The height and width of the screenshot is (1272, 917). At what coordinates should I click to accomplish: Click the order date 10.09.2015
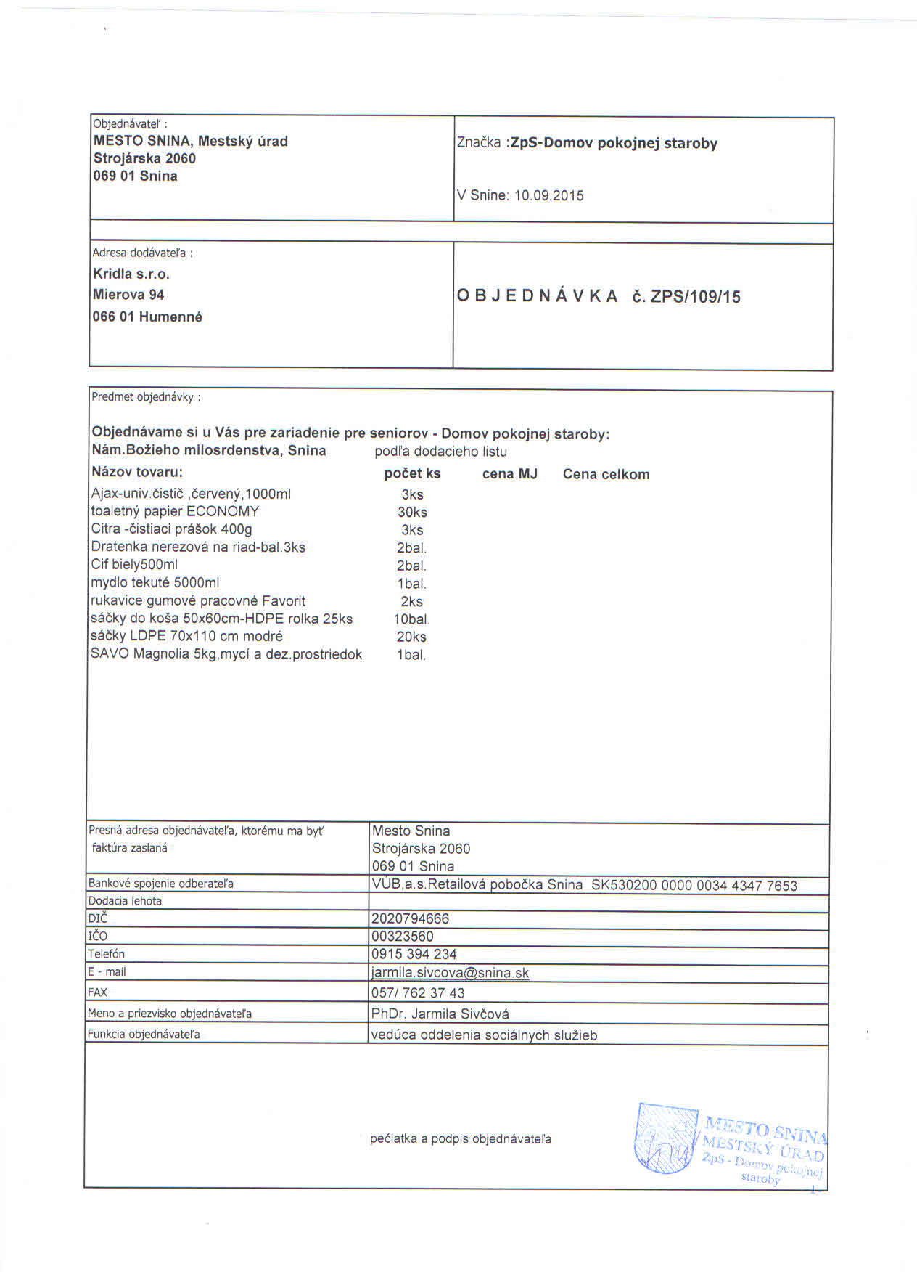(x=548, y=195)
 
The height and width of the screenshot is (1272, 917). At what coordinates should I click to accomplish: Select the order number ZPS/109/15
(x=696, y=296)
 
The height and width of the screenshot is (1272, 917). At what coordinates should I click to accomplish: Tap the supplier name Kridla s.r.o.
(x=131, y=274)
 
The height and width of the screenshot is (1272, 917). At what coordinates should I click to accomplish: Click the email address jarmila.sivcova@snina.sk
(x=450, y=973)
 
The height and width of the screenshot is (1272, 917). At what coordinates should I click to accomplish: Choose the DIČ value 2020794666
(x=410, y=918)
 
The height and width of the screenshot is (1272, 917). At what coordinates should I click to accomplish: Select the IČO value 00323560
(x=402, y=936)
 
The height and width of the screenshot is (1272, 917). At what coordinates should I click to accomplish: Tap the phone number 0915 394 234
(x=414, y=954)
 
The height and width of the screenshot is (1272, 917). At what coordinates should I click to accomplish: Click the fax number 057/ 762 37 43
(x=417, y=992)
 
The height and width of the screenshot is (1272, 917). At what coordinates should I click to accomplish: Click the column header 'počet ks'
(x=412, y=473)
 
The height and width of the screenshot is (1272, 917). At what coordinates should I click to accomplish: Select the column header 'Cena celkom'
(x=606, y=474)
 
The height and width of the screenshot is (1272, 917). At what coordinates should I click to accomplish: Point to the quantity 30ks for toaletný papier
(x=411, y=512)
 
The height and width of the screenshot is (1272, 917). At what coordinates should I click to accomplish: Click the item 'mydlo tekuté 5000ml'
(x=155, y=582)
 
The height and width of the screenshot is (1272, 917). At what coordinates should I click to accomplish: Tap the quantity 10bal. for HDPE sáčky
(x=411, y=619)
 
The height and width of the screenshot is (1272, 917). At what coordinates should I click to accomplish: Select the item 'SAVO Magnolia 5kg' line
(x=226, y=653)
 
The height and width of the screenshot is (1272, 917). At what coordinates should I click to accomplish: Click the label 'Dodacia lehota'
(x=125, y=901)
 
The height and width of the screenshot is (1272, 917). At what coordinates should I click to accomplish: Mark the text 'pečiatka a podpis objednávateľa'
(x=460, y=1138)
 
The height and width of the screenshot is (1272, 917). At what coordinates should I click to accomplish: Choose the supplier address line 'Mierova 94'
(x=128, y=295)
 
